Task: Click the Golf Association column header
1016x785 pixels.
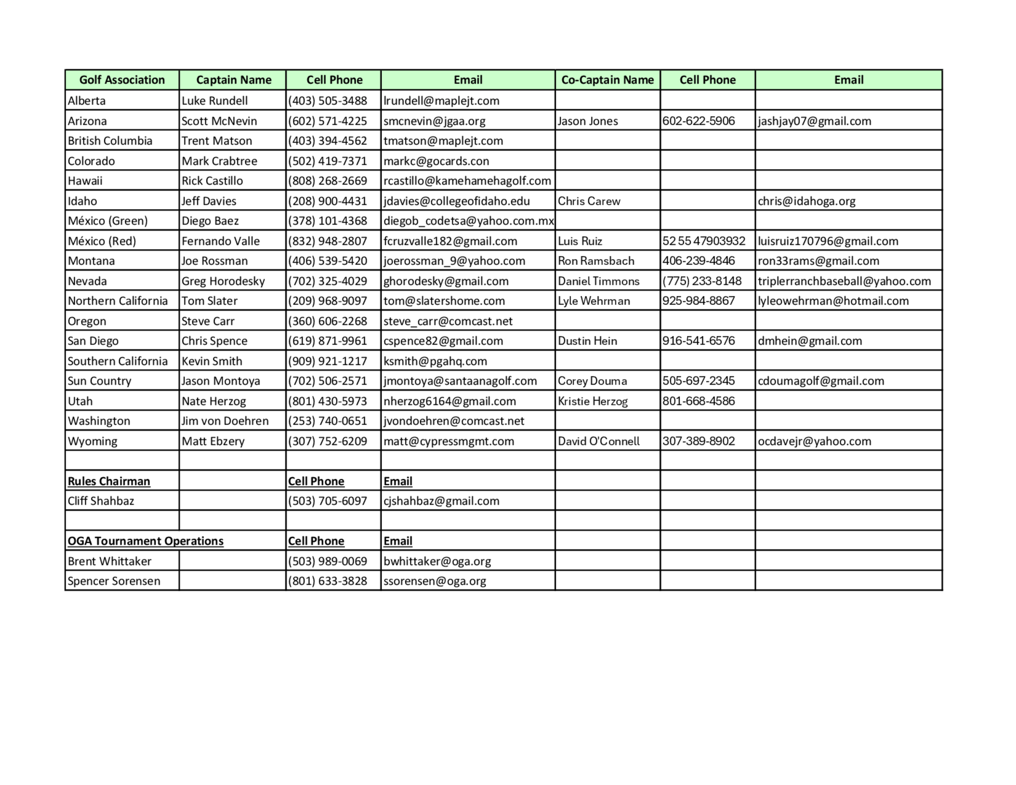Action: pos(122,80)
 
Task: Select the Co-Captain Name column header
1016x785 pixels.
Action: pos(607,80)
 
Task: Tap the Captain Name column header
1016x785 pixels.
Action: pos(233,80)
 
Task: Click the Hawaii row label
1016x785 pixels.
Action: pos(85,181)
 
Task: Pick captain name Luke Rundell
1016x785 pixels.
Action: pos(214,101)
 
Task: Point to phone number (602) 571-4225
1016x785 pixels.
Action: pos(327,121)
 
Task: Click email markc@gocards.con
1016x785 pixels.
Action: pos(436,161)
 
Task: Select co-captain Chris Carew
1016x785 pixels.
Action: pos(589,201)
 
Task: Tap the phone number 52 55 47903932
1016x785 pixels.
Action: pos(703,241)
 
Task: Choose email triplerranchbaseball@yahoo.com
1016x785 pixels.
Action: pos(844,281)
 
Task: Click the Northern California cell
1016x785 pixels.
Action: pos(118,301)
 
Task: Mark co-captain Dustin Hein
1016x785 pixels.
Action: pos(588,341)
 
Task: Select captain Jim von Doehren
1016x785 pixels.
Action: pos(225,421)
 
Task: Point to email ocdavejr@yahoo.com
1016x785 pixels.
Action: pos(814,441)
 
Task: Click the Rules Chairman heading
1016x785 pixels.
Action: pos(109,481)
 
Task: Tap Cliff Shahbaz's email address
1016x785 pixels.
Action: pos(441,501)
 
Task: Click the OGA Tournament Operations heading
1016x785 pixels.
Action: pos(145,541)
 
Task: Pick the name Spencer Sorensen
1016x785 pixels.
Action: pos(114,581)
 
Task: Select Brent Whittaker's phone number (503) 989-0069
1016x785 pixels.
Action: pos(327,561)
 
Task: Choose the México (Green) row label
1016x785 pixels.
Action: pos(108,221)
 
